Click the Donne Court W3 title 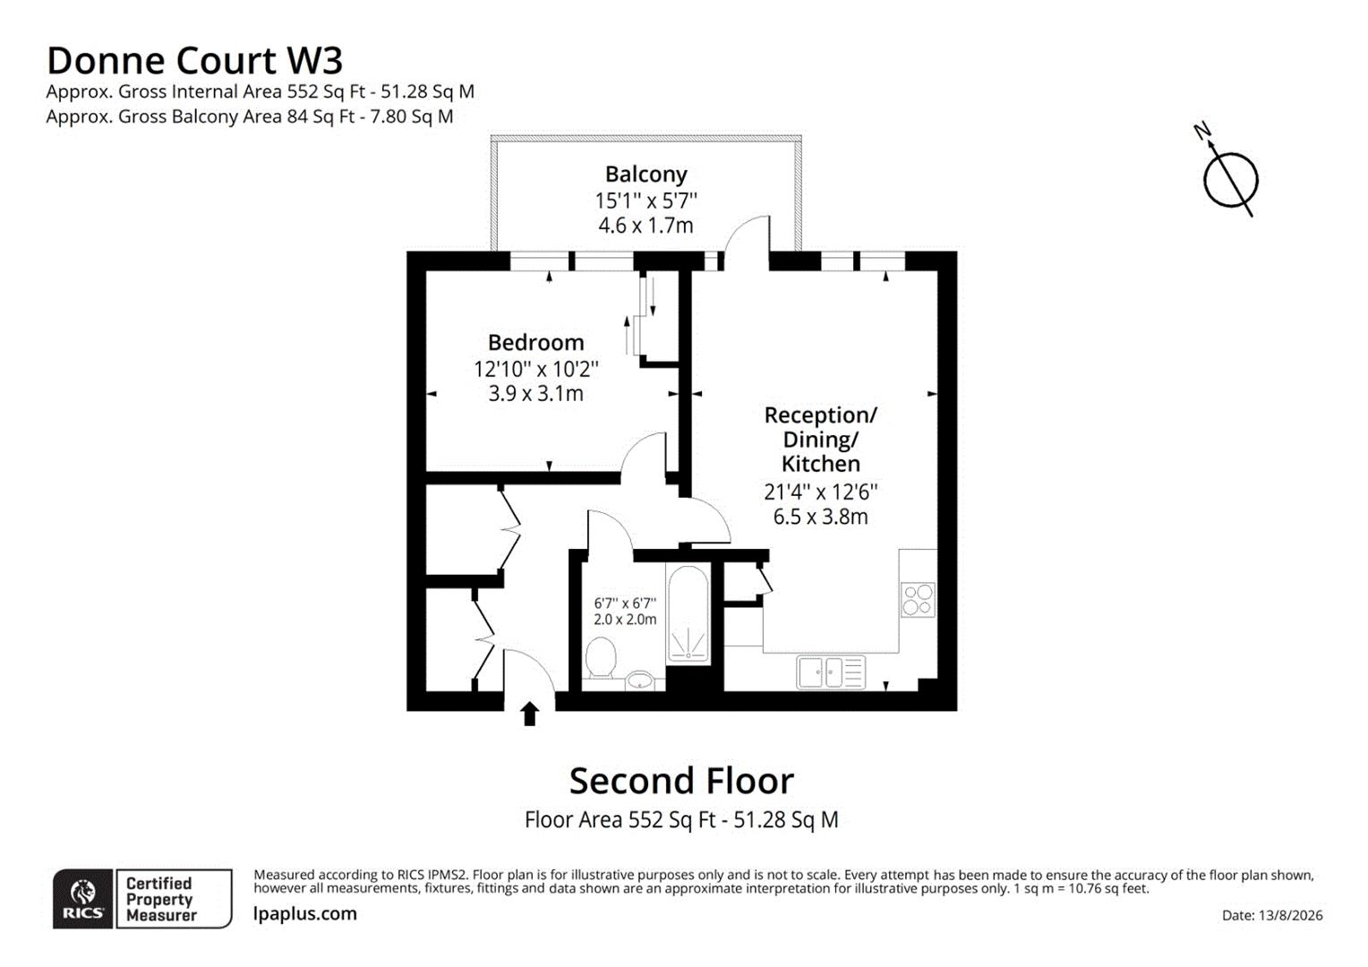click(x=195, y=61)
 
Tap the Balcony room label click(x=646, y=175)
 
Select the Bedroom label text click(x=535, y=342)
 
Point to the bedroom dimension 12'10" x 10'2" click(x=535, y=369)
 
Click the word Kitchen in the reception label click(x=820, y=464)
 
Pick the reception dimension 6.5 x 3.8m click(x=820, y=517)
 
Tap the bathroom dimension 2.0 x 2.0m click(x=625, y=620)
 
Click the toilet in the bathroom click(x=601, y=657)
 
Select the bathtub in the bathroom click(x=688, y=614)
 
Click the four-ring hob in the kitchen click(x=918, y=600)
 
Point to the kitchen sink click(x=831, y=672)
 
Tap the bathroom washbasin click(x=639, y=680)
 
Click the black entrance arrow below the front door click(x=529, y=714)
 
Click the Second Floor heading click(x=681, y=781)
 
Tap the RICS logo click(x=82, y=899)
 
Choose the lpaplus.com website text click(x=304, y=914)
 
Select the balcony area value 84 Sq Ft click(x=321, y=116)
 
